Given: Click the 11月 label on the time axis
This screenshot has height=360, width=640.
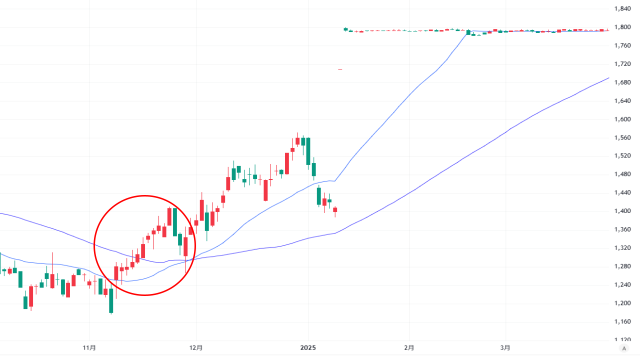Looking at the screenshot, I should click(89, 347).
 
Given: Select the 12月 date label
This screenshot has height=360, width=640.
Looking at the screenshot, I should click(196, 347).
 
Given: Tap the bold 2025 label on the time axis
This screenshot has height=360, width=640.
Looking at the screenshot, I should click(308, 347).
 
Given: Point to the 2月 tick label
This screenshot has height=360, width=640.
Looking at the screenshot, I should click(409, 347).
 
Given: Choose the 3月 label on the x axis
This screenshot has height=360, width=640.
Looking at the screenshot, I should click(505, 347).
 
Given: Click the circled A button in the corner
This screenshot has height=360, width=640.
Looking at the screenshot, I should click(623, 348).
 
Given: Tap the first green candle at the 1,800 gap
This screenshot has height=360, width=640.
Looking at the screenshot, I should click(345, 29).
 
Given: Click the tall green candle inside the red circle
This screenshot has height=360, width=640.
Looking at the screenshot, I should click(175, 221).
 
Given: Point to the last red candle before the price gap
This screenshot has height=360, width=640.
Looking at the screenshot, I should click(335, 209).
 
